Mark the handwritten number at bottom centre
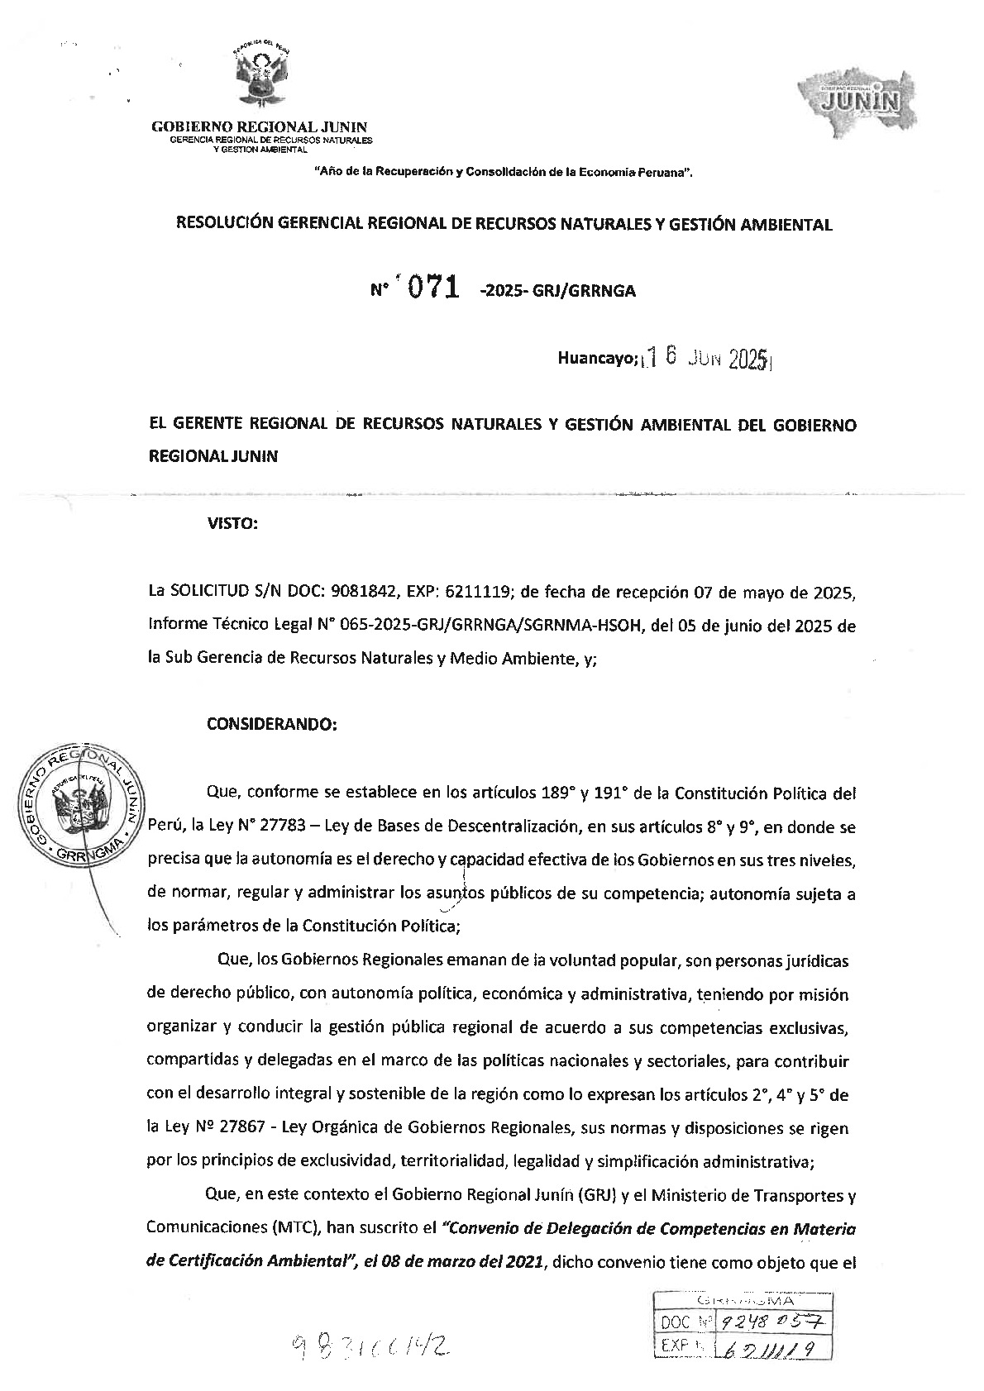[x=371, y=1347]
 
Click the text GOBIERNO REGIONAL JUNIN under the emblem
[x=259, y=126]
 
